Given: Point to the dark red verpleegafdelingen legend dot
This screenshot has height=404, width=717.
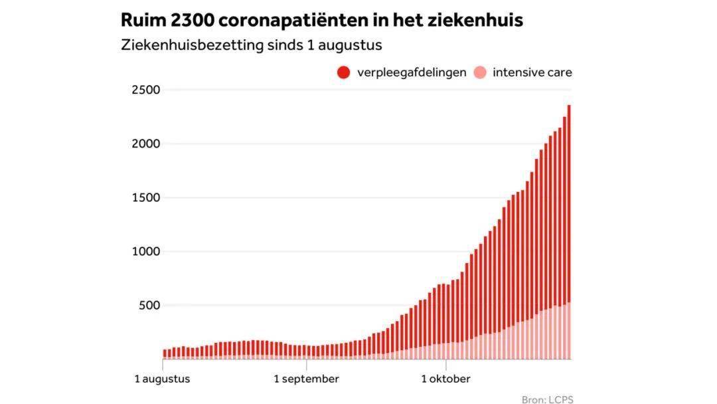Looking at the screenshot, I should [x=343, y=72].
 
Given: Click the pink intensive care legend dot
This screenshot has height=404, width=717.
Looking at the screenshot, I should [x=480, y=72].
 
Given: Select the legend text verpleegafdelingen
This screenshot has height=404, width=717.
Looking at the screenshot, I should [x=412, y=72].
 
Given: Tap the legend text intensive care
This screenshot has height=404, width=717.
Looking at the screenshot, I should [x=532, y=72].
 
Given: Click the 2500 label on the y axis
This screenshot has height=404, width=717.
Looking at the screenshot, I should [x=145, y=90].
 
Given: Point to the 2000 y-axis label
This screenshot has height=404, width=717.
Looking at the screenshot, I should [x=145, y=144].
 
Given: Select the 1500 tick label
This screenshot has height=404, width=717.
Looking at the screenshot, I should [x=145, y=197].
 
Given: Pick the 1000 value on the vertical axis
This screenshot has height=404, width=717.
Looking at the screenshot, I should [x=145, y=251].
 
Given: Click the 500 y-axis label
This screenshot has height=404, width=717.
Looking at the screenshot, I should [x=149, y=305].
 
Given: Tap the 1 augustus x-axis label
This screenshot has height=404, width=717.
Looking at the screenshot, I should [x=162, y=379].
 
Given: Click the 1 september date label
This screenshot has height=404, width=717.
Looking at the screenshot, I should [x=307, y=379].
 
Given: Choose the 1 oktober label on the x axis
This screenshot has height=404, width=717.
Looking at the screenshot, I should [x=446, y=379].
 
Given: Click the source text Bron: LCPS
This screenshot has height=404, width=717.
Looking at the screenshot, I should [x=547, y=399].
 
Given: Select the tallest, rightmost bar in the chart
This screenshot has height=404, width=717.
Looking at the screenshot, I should [x=569, y=233].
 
